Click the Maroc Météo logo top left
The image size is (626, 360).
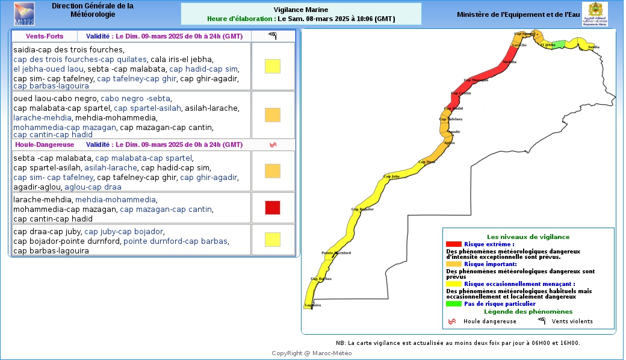pos(24,13)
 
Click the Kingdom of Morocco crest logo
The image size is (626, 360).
pos(594,14)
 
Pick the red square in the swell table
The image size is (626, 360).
pos(273,208)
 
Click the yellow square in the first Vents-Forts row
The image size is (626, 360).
pos(273,66)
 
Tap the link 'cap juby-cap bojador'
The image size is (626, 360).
pos(123,232)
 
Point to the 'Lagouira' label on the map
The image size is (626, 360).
pos(313,306)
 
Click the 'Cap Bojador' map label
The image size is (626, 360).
pos(363,209)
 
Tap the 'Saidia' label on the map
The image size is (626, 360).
pos(593,46)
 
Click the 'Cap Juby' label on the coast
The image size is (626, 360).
pos(391,176)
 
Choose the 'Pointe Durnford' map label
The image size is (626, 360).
pos(336,253)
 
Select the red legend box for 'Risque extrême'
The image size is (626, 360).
pos(453,244)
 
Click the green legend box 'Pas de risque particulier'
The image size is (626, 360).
pos(453,303)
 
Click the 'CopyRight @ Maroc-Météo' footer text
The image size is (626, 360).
pos(312,353)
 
